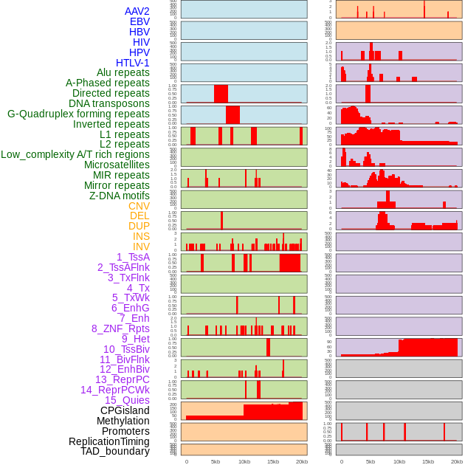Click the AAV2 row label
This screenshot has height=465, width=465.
pyautogui.click(x=137, y=11)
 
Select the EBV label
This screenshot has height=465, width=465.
pyautogui.click(x=139, y=21)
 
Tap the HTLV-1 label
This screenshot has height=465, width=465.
pyautogui.click(x=133, y=63)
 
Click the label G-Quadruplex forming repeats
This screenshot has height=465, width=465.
pyautogui.click(x=78, y=114)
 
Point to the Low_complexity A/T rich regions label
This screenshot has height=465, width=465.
pyautogui.click(x=75, y=154)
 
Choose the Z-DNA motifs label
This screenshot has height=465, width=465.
pyautogui.click(x=120, y=196)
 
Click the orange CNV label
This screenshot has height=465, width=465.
pyautogui.click(x=139, y=206)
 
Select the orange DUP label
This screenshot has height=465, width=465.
pyautogui.click(x=139, y=226)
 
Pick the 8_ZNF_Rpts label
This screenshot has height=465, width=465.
pyautogui.click(x=120, y=328)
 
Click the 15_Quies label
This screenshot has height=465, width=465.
pyautogui.click(x=127, y=400)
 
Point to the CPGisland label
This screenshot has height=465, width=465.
pyautogui.click(x=125, y=410)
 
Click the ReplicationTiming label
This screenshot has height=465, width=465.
pyautogui.click(x=109, y=441)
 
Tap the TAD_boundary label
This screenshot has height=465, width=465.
pyautogui.click(x=115, y=451)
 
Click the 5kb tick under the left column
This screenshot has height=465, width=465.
pyautogui.click(x=216, y=461)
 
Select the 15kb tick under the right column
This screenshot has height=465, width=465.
pyautogui.click(x=428, y=461)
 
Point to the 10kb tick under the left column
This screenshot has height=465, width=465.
pyautogui.click(x=244, y=461)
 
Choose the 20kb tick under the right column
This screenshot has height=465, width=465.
pyautogui.click(x=457, y=461)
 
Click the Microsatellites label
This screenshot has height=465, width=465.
pyautogui.click(x=117, y=165)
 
